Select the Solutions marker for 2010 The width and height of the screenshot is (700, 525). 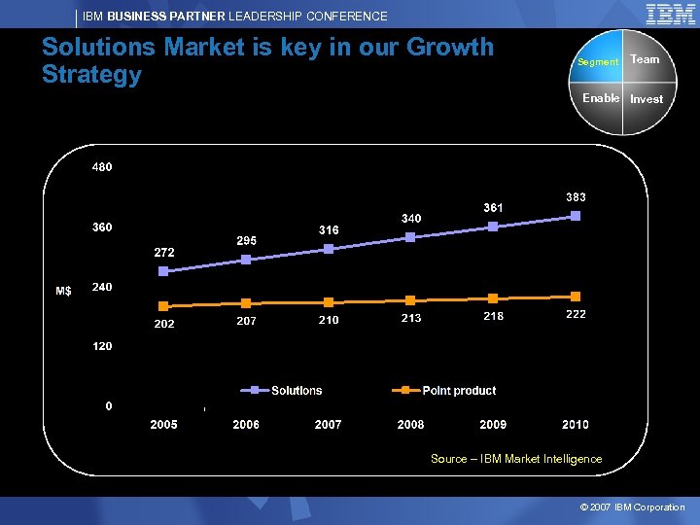576,216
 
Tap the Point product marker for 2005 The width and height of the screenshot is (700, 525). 163,306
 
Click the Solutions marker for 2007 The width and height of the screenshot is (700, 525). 329,249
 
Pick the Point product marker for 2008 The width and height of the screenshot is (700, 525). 410,300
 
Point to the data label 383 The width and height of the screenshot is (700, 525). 576,196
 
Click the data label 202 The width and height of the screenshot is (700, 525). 164,324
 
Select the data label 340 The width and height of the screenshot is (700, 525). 411,219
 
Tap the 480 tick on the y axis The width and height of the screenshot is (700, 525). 102,167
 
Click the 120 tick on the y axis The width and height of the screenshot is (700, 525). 102,346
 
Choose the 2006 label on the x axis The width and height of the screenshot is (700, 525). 246,425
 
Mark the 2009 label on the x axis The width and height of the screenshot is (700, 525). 493,425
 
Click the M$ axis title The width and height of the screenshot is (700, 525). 63,291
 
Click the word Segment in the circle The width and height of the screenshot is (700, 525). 598,62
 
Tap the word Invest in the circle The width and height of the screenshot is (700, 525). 647,99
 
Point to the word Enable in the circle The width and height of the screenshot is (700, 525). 601,98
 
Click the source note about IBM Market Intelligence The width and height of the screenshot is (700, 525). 516,459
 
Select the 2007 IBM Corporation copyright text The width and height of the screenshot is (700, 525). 632,507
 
